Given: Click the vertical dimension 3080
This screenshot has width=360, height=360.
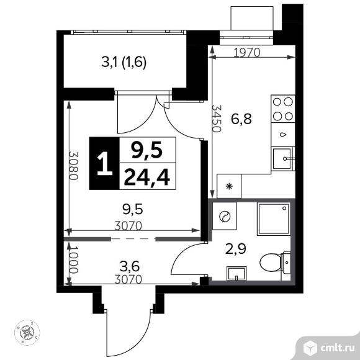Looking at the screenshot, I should tap(73, 166).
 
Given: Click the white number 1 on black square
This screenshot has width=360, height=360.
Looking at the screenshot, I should tap(103, 163).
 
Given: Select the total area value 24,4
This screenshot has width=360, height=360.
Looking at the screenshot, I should tap(147, 179).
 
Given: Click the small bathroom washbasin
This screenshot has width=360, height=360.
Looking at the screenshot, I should tap(236, 273).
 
